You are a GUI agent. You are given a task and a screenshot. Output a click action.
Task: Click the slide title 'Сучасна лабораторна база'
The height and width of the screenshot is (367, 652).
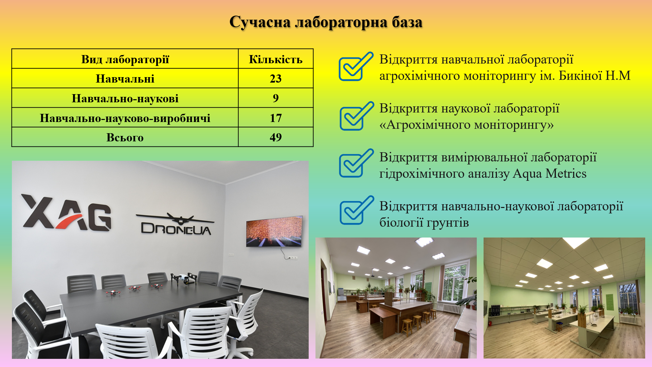tap(326, 22)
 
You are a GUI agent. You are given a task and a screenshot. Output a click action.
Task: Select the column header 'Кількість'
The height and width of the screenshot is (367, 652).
tap(275, 59)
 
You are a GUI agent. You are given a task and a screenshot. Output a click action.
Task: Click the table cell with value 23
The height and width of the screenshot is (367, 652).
tap(275, 78)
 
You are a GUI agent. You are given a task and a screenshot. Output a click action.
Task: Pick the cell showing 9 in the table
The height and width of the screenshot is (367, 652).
tap(275, 98)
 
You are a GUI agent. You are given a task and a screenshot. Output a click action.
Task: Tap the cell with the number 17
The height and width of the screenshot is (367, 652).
tap(275, 118)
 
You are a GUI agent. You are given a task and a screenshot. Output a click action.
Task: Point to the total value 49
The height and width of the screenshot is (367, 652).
tap(275, 137)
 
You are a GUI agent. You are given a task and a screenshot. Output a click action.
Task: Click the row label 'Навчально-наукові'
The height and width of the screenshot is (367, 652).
tap(125, 99)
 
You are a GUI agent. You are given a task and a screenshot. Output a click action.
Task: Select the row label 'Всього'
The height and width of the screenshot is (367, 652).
tap(125, 138)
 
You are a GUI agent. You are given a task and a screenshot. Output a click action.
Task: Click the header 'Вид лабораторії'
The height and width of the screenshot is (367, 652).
tap(125, 59)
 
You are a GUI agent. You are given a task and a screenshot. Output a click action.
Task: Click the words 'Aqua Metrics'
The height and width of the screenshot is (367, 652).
tap(549, 174)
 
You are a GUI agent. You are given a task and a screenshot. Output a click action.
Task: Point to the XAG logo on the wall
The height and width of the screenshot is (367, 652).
tap(67, 212)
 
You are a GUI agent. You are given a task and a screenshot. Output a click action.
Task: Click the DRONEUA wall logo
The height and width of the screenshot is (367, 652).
tap(176, 224)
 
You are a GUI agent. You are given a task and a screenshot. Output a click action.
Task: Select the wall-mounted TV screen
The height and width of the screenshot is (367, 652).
tap(274, 231)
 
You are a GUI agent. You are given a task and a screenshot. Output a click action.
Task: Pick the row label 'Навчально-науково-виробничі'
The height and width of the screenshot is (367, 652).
tap(125, 118)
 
